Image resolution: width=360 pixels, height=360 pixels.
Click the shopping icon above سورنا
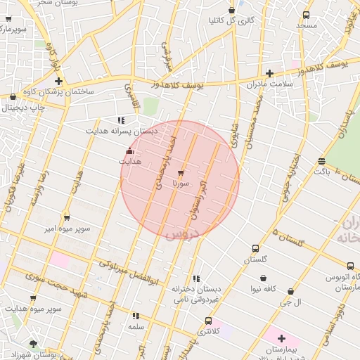point(181,172)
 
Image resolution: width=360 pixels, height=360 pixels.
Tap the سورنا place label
point(181,184)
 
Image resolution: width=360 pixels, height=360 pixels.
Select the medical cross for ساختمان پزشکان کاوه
point(59,82)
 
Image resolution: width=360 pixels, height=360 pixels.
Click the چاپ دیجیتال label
point(23,108)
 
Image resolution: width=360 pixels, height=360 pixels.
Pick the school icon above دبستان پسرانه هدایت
point(121,120)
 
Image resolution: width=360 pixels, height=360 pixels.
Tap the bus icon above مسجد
point(306,15)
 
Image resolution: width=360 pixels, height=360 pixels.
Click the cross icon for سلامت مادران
point(269,73)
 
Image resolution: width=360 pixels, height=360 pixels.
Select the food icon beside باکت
point(321,161)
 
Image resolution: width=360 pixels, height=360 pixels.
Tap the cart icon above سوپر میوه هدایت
point(33,298)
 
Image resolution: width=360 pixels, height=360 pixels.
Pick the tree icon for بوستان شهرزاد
point(33,345)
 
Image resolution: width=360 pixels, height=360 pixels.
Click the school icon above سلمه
point(136,316)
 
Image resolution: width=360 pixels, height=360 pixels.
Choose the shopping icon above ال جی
point(290,291)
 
